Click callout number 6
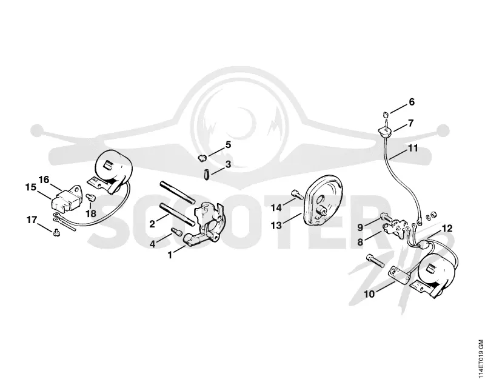click(412, 102)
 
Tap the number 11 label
click(413, 148)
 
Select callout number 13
click(276, 225)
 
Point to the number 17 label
click(32, 220)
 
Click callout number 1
click(170, 255)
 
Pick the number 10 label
click(369, 294)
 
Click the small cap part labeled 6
click(386, 115)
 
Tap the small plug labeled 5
click(202, 158)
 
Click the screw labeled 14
click(296, 195)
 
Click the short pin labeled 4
click(177, 231)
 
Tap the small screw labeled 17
click(56, 232)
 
